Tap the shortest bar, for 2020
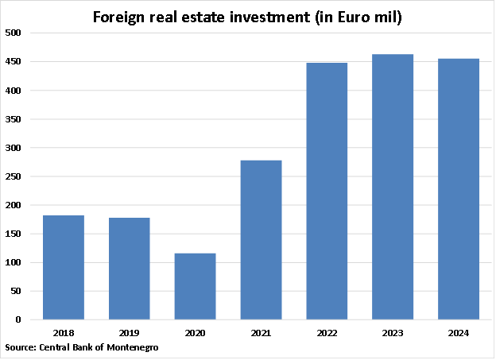tap(195, 286)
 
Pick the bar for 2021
tap(261, 240)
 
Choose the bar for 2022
tap(327, 191)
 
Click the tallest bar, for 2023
tap(393, 187)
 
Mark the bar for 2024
tap(459, 189)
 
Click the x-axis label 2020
tap(195, 333)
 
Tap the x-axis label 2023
tap(393, 333)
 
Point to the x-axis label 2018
tap(64, 333)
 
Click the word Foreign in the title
tap(120, 17)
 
